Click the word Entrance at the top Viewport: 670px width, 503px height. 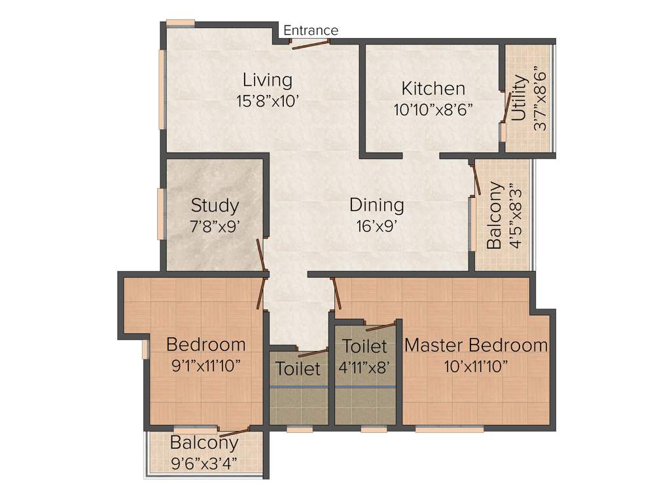[311, 30]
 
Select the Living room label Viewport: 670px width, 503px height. [267, 81]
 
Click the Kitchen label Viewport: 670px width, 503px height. [433, 88]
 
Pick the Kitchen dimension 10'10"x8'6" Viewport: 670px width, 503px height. [433, 109]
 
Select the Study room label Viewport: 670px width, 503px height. [215, 206]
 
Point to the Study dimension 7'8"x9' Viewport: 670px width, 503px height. [215, 227]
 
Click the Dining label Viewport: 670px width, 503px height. [376, 205]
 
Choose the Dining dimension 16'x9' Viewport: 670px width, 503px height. [376, 226]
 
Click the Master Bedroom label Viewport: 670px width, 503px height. [476, 345]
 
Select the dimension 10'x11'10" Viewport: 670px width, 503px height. [476, 365]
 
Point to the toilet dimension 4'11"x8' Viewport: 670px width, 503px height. [364, 366]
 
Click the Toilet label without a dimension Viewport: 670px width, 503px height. [298, 369]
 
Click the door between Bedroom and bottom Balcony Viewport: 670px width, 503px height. [234, 432]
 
